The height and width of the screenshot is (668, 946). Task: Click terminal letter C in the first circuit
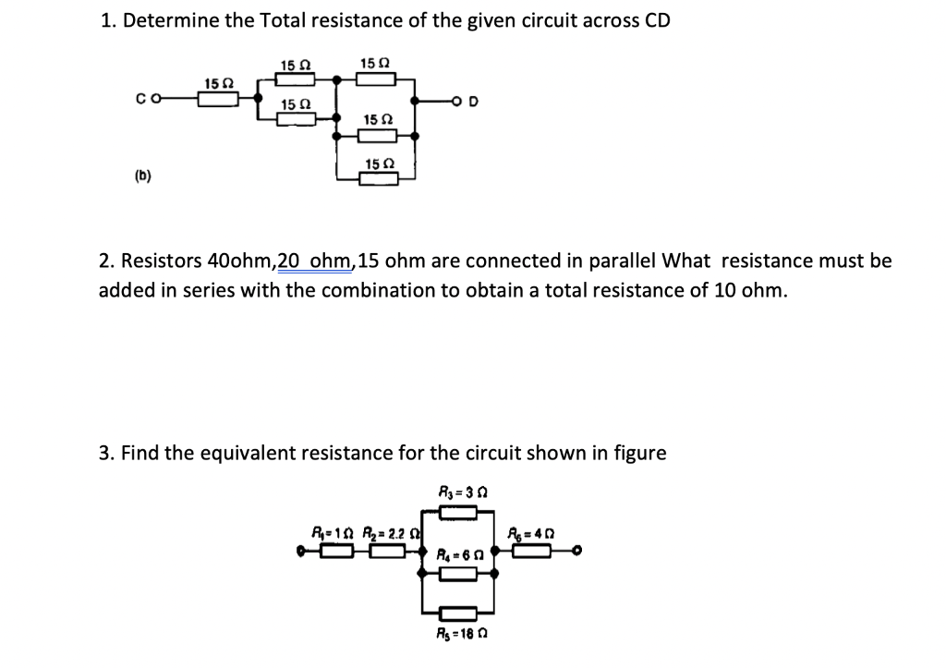[x=139, y=102]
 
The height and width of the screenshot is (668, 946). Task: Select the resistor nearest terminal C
[x=219, y=100]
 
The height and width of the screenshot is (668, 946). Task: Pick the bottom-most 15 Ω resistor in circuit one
[x=377, y=178]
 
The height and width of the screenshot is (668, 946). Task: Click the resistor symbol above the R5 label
[x=458, y=614]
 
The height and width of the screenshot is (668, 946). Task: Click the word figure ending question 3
[x=639, y=453]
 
